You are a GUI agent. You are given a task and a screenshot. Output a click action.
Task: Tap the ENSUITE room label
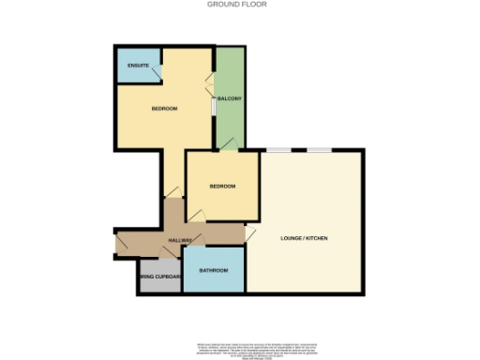click(139, 66)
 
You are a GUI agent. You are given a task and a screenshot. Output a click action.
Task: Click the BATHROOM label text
click(213, 270)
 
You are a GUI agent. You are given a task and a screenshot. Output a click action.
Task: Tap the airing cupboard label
click(159, 277)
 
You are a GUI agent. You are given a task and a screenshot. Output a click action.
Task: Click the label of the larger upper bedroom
click(164, 109)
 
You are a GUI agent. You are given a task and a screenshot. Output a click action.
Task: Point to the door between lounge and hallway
click(250, 232)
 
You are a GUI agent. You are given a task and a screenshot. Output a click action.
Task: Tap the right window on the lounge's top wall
click(321, 150)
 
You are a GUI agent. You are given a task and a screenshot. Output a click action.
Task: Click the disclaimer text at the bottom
click(239, 347)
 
